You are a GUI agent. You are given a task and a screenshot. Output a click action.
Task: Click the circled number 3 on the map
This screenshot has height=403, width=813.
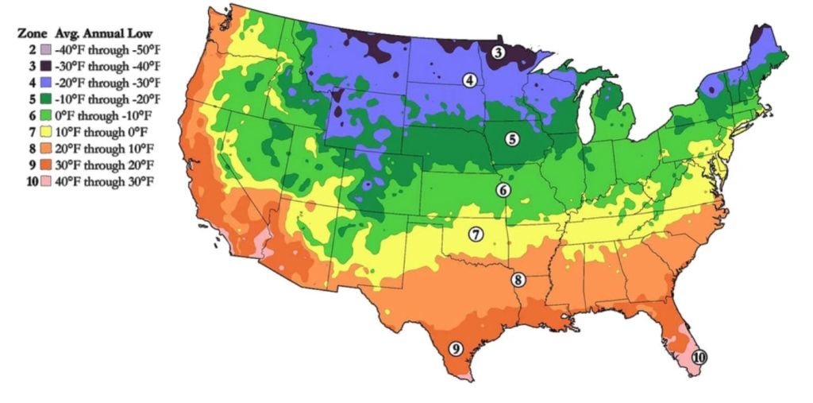click(x=498, y=53)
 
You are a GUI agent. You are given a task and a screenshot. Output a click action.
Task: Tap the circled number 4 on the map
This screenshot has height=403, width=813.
click(x=470, y=80)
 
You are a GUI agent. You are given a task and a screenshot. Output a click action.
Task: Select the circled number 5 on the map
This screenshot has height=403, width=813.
click(x=512, y=139)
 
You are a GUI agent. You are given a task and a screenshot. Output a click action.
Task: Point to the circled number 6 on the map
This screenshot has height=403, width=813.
click(x=503, y=190)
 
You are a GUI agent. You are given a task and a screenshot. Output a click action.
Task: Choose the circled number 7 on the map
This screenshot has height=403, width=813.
click(x=476, y=234)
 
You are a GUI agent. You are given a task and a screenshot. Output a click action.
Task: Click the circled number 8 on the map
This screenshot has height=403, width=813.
click(x=518, y=280)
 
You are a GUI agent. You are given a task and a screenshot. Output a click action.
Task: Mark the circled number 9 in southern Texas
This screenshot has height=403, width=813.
click(x=456, y=348)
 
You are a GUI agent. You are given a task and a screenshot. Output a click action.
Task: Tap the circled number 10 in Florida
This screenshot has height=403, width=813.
click(x=699, y=358)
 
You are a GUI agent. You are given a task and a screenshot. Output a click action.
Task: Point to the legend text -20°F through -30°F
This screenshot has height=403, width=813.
click(x=107, y=83)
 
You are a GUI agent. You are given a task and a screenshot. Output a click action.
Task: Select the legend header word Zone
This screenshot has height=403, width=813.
click(x=30, y=34)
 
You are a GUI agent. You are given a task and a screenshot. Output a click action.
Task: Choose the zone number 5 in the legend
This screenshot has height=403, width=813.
click(x=33, y=99)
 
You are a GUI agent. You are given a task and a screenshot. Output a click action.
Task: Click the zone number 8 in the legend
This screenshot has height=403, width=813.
click(x=33, y=149)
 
